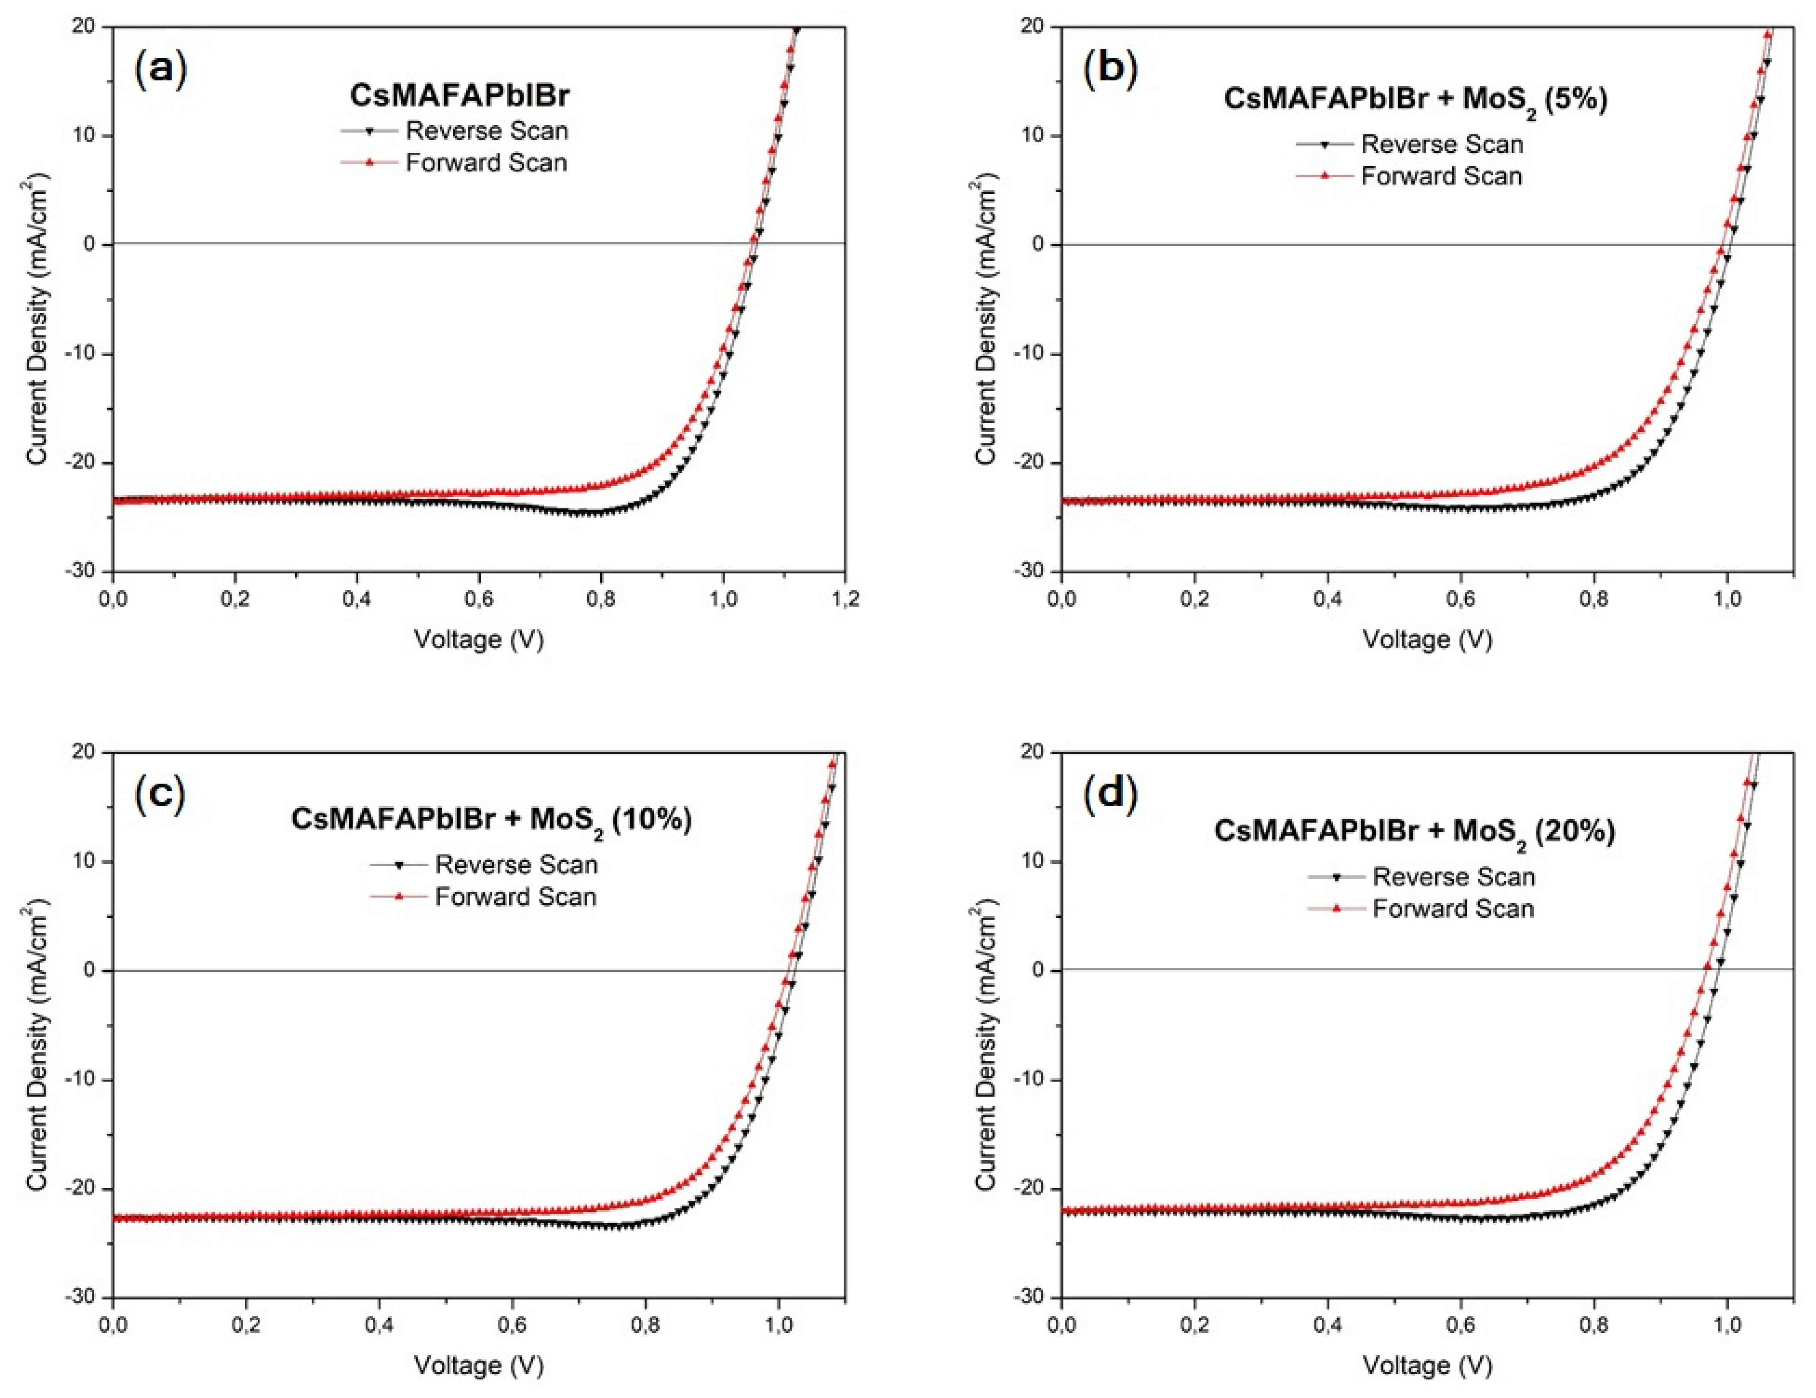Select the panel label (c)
[160, 794]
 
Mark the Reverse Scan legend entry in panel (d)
[1453, 876]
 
